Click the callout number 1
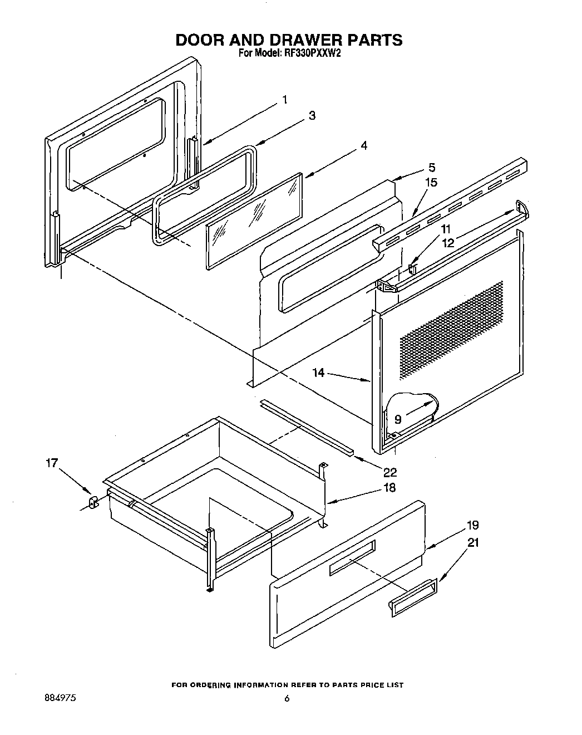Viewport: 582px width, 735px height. [x=284, y=100]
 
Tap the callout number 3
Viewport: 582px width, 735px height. [x=312, y=116]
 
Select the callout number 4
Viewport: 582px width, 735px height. [x=363, y=145]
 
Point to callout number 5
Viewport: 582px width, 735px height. [x=432, y=167]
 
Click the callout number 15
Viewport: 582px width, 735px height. [x=431, y=182]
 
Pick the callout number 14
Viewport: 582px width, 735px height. [x=318, y=373]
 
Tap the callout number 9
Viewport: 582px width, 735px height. [x=398, y=419]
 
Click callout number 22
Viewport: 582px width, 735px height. [x=390, y=472]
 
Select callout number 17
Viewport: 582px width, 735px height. [x=51, y=463]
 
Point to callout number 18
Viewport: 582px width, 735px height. [x=389, y=488]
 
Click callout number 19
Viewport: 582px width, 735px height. [x=472, y=525]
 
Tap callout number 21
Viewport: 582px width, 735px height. [x=472, y=542]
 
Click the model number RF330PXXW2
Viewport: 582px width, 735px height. [x=312, y=54]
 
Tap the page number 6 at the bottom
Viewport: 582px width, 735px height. [x=287, y=699]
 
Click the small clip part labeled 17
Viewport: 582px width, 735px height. [x=93, y=502]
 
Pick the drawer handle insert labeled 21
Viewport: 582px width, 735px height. [x=412, y=598]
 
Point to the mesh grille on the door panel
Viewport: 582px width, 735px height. [x=451, y=329]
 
